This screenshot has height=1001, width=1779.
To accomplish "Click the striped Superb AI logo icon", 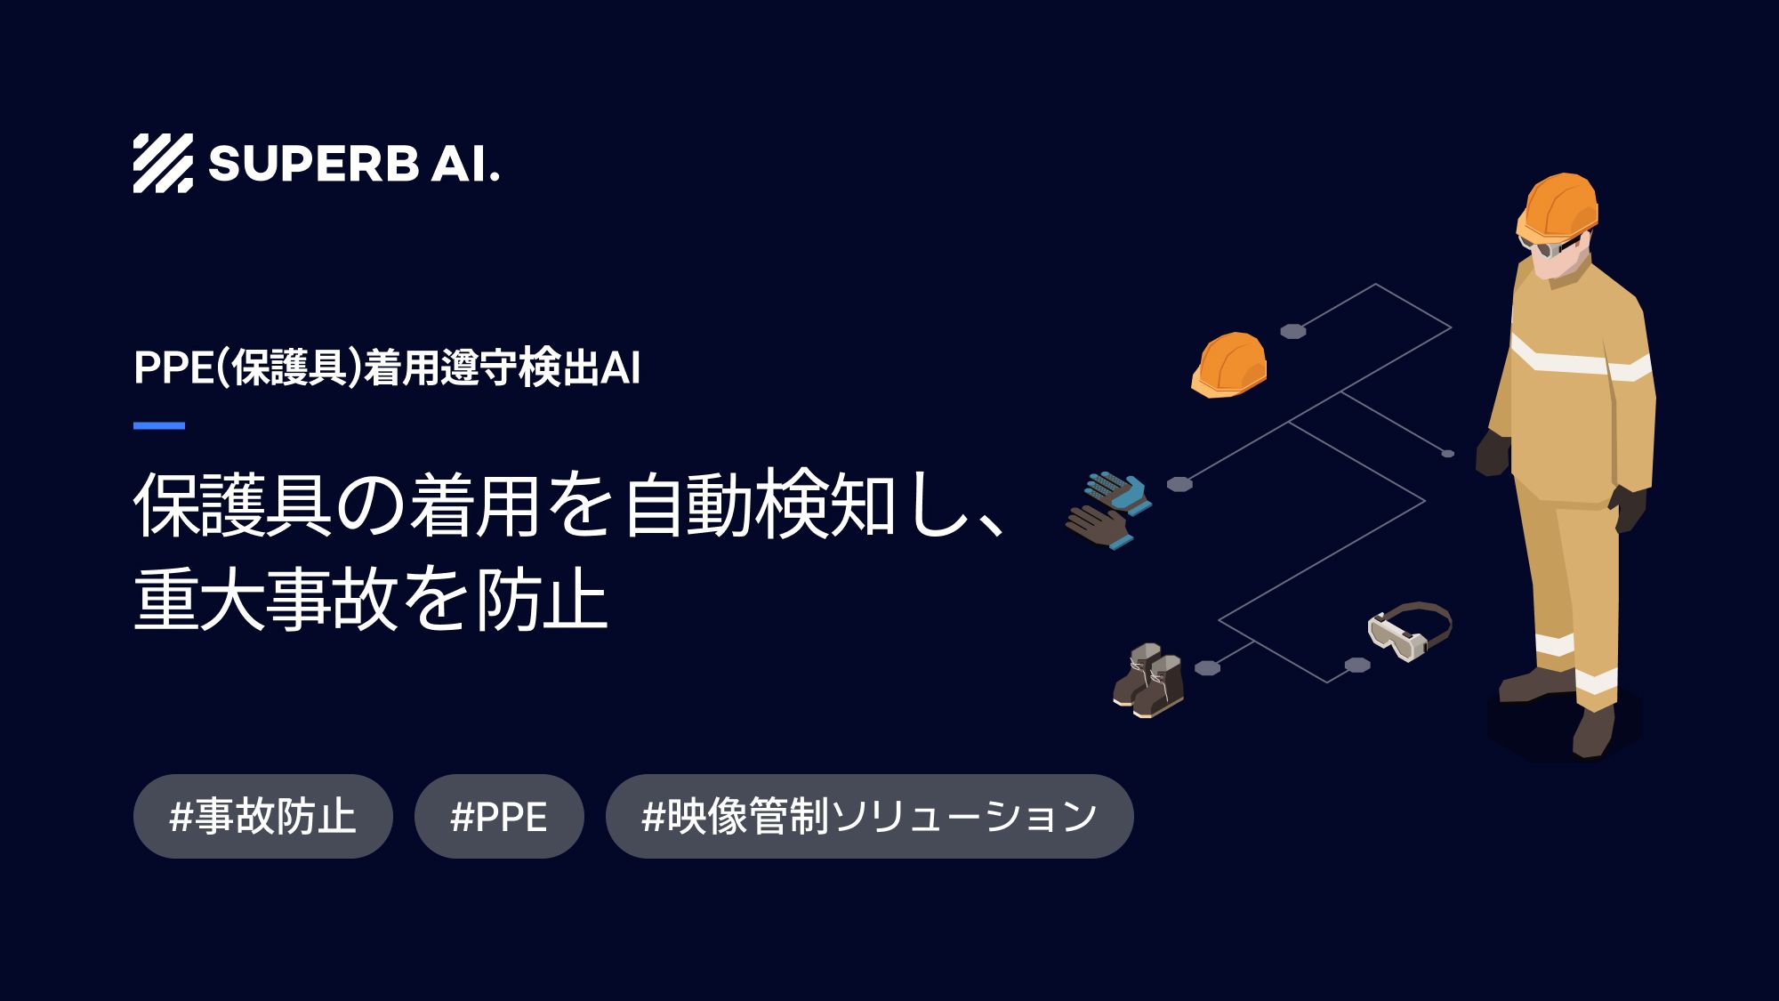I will pos(163,164).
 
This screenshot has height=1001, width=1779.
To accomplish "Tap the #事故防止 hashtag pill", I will pos(262,816).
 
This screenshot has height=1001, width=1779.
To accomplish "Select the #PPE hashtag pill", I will pos(499,816).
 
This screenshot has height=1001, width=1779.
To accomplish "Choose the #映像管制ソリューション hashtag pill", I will pos(869,816).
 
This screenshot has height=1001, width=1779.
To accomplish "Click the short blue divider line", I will pos(159,426).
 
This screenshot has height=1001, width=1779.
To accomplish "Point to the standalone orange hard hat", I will pos(1229,365).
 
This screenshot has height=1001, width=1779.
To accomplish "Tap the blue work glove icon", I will pos(1119,491).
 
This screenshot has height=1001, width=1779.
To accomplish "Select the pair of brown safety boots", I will pos(1148,680).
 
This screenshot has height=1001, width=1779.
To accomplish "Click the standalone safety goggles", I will pos(1408,630).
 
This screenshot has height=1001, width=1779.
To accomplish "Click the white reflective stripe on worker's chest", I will pos(1563,359).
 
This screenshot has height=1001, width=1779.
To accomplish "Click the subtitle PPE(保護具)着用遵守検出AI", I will pos(386,367).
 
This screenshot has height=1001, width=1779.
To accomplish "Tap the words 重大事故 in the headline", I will pos(263,601).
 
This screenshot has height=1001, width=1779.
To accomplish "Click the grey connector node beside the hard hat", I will pos(1292,332).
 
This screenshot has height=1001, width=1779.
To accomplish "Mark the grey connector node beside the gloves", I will pos(1179,484).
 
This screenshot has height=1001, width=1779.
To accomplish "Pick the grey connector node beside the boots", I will pos(1207,668).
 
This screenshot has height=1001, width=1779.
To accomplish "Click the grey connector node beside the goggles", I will pos(1356,665).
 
